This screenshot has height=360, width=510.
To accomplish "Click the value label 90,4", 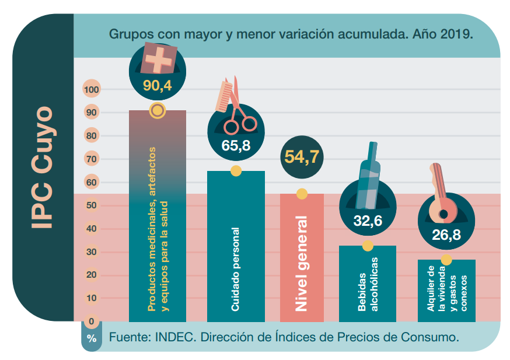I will coord(157,86).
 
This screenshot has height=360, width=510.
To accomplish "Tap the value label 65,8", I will coord(236,146).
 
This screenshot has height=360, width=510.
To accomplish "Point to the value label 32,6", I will coord(368,221).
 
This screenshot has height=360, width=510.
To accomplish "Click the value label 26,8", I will coord(446,235).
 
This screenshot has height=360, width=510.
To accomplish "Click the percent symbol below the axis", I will coord(92,338).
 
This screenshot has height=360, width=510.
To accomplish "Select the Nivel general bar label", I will coord(302,264).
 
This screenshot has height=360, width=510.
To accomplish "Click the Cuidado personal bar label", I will coord(236,269).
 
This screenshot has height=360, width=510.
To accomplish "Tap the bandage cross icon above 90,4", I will coord(159,59).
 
